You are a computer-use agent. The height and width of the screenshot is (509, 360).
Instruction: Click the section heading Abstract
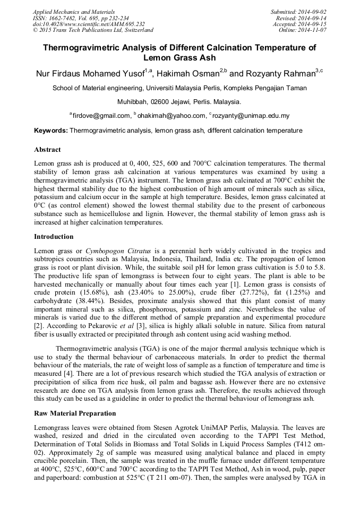point(47,150)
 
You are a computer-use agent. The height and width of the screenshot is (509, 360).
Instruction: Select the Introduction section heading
point(54,237)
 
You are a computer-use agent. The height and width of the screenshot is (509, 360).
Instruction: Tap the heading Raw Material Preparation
point(75,413)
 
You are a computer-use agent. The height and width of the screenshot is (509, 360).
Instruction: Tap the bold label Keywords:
point(51,131)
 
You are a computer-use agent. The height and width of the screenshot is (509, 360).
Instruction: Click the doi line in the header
point(88,24)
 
